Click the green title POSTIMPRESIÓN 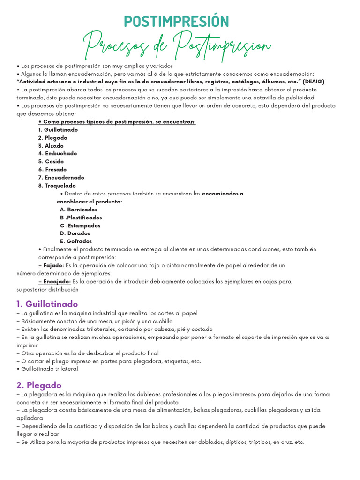coord(176,21)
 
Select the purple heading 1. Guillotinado coord(47,304)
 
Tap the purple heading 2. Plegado coord(39,385)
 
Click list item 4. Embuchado coord(58,153)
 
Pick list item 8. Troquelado coord(57,186)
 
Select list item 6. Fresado coord(52,169)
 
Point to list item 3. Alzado coord(51,145)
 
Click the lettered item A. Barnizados coord(79,210)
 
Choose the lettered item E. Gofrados coord(76,241)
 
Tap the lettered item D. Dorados coord(75,233)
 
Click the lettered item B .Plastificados coord(81,217)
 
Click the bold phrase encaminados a coord(223,194)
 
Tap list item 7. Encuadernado coord(61,178)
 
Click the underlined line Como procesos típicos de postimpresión coord(117,121)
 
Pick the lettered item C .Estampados coord(80,225)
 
